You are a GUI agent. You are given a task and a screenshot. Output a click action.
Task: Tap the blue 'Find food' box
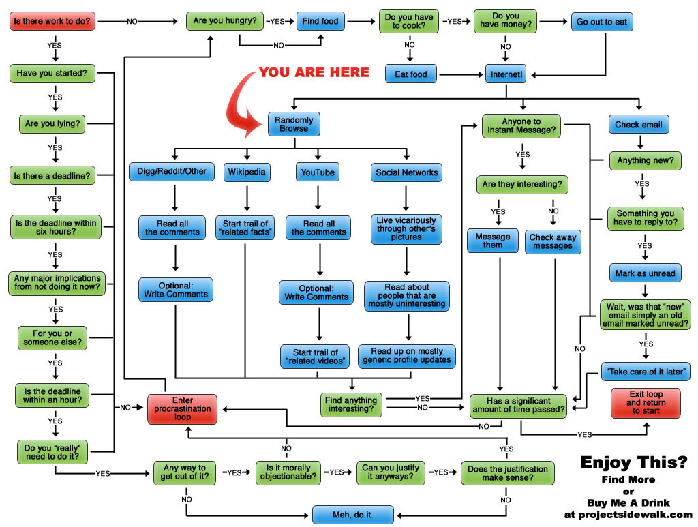[x=320, y=21]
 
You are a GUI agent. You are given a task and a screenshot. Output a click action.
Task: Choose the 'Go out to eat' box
[x=602, y=21]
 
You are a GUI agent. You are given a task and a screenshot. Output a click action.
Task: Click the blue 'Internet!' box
[x=505, y=74]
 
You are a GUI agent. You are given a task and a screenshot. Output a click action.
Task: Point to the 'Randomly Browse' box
[x=294, y=123]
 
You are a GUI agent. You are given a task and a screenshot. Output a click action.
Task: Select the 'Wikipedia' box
[x=247, y=172]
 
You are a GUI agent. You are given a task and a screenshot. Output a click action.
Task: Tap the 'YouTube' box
[x=318, y=172]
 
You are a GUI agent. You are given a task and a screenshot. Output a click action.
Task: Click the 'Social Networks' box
[x=407, y=172]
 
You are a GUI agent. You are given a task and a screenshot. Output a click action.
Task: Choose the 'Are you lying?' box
[x=52, y=124]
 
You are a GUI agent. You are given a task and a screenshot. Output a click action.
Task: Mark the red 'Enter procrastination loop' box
[x=183, y=409]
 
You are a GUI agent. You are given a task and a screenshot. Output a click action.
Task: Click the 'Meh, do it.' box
[x=352, y=513]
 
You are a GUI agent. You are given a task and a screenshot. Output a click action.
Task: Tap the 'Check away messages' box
[x=553, y=241]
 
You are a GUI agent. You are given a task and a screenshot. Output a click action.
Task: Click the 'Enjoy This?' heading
[x=633, y=462]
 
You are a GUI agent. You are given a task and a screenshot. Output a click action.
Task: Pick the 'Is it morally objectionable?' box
[x=288, y=472]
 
